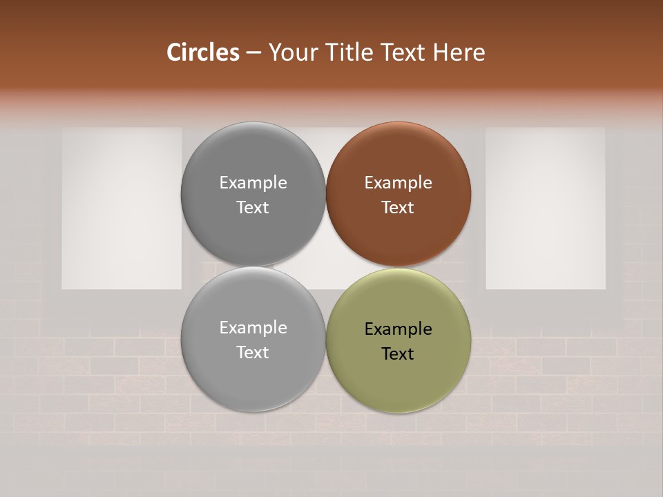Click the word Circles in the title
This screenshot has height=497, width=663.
pyautogui.click(x=203, y=52)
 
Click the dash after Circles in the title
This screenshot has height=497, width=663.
pyautogui.click(x=253, y=53)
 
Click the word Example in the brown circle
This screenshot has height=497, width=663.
pyautogui.click(x=398, y=183)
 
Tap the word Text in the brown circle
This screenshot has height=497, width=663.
pyautogui.click(x=398, y=208)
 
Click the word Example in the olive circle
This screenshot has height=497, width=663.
pyautogui.click(x=398, y=329)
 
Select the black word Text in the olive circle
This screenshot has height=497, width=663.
pyautogui.click(x=398, y=354)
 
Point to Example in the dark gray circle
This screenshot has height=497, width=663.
pyautogui.click(x=253, y=183)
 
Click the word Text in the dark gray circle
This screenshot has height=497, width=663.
pyautogui.click(x=253, y=208)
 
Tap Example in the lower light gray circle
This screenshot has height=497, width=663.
pyautogui.click(x=253, y=328)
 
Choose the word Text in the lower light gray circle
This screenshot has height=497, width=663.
pyautogui.click(x=253, y=353)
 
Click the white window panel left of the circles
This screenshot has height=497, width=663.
pyautogui.click(x=122, y=208)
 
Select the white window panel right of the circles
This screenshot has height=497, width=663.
pyautogui.click(x=546, y=208)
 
